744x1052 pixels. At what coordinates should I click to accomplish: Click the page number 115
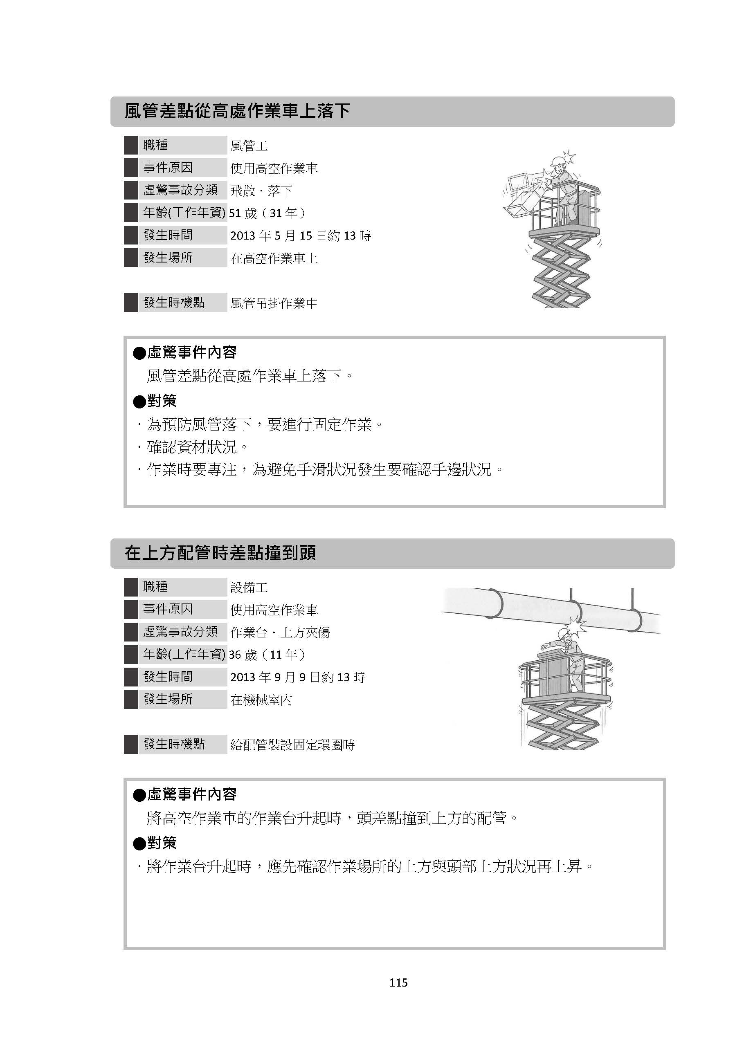tap(398, 982)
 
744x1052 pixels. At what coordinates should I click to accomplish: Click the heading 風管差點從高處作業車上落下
tap(238, 111)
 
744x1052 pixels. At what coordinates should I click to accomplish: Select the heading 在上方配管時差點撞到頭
tap(220, 553)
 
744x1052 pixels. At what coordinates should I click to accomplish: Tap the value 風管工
tap(249, 146)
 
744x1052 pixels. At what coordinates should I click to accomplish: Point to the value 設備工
tap(249, 588)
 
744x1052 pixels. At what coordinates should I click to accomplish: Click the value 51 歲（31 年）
tap(267, 213)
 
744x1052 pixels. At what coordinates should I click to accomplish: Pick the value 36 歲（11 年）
tap(267, 655)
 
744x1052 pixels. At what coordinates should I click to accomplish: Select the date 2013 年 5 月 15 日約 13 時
tap(300, 236)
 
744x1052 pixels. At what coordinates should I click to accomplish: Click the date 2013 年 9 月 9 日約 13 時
tap(297, 677)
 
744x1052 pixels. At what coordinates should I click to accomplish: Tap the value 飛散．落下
tap(261, 191)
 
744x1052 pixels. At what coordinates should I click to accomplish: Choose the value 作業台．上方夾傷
tap(280, 632)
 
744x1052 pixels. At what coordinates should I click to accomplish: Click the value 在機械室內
tap(261, 700)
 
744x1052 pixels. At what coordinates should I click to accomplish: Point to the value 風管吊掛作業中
tap(274, 303)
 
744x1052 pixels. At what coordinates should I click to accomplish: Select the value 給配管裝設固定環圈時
tap(292, 745)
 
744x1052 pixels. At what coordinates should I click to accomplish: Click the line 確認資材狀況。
tap(197, 446)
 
